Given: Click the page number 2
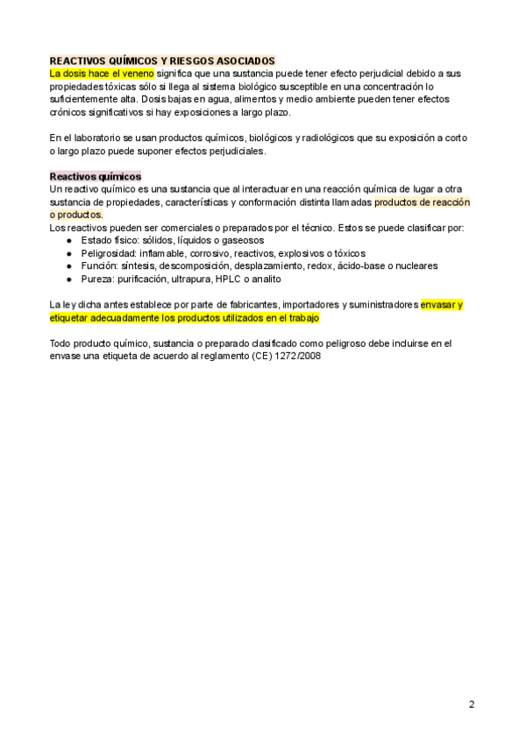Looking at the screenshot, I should [472, 704].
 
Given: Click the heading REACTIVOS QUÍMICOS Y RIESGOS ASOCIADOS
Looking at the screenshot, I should [162, 60].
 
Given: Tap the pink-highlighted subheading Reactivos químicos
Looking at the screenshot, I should [96, 176].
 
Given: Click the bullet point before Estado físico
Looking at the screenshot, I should [70, 240].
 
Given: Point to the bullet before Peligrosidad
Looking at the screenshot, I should [70, 252].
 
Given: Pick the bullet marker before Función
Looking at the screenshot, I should [70, 265].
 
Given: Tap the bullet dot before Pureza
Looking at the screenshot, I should [70, 279].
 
